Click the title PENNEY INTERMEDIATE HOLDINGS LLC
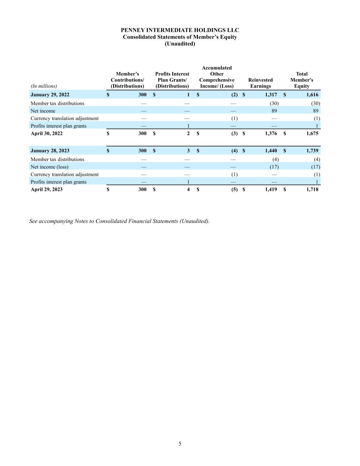click(180, 30)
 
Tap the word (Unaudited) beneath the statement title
click(180, 44)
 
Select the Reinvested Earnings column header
click(260, 83)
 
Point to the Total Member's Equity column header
click(302, 80)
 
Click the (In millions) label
click(44, 86)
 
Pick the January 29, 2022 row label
click(50, 95)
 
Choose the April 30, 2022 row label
click(47, 133)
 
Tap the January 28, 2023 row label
click(50, 151)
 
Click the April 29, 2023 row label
click(47, 189)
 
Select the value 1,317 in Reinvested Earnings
click(271, 95)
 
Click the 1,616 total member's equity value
click(312, 95)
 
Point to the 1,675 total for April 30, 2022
click(312, 133)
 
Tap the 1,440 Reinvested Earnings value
click(271, 151)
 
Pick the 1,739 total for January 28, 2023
click(312, 151)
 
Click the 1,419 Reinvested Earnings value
click(271, 189)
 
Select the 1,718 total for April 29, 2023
click(312, 189)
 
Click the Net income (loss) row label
click(49, 167)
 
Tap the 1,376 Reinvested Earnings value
click(271, 133)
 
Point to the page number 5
click(180, 444)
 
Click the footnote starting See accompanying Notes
click(119, 221)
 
